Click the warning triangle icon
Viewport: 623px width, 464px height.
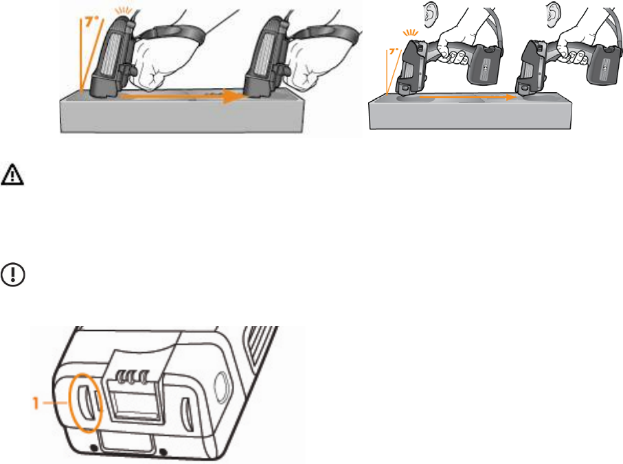click(x=12, y=174)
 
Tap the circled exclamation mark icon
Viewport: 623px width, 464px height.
click(x=13, y=275)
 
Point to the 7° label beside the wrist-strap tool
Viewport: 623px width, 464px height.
click(x=91, y=21)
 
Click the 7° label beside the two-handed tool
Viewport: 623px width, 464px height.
click(x=394, y=51)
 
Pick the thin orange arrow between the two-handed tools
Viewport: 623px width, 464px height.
click(x=468, y=97)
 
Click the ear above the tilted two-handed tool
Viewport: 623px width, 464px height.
click(x=430, y=14)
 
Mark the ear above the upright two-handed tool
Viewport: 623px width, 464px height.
click(x=553, y=14)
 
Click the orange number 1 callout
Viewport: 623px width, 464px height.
click(x=36, y=404)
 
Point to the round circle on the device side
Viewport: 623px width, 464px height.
click(x=220, y=384)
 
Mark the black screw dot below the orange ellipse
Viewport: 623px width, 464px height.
click(x=94, y=448)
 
